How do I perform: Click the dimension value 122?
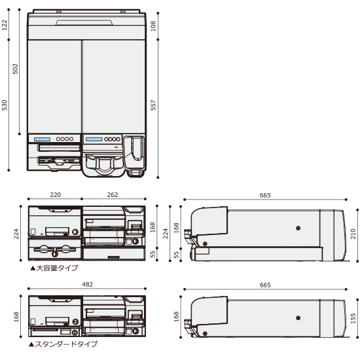pos(5,25)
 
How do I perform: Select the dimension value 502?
pos(15,69)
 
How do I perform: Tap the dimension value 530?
pos(5,105)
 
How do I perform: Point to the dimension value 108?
pos(153,26)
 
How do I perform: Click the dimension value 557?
pos(153,105)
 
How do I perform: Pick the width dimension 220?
pos(56,195)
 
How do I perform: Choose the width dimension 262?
pos(113,195)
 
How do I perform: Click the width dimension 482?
pos(87,285)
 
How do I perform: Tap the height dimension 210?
pos(353,234)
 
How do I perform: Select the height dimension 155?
pos(353,318)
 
